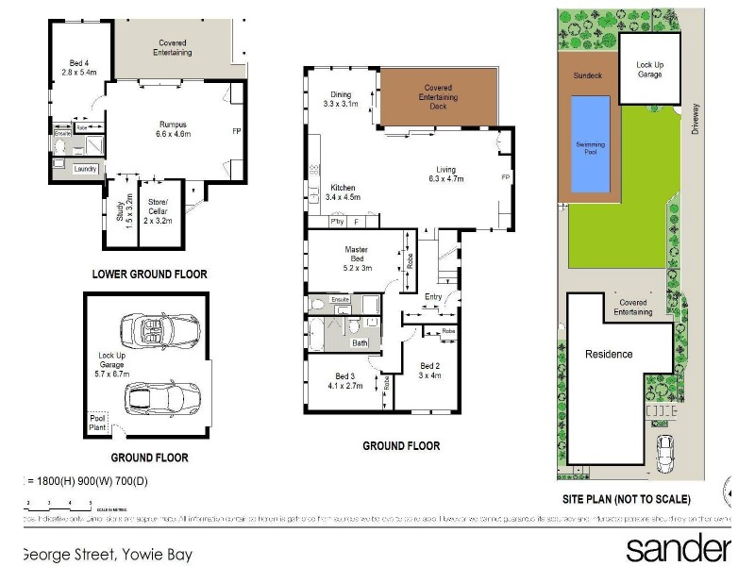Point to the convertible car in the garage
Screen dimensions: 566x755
[159, 331]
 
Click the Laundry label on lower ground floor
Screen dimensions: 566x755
[87, 169]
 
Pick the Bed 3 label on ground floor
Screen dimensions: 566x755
[342, 380]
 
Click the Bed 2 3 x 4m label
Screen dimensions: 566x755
[430, 371]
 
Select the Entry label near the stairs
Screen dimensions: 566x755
[433, 297]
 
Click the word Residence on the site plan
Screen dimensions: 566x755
[609, 355]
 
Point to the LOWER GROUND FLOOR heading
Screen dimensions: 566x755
[149, 275]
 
